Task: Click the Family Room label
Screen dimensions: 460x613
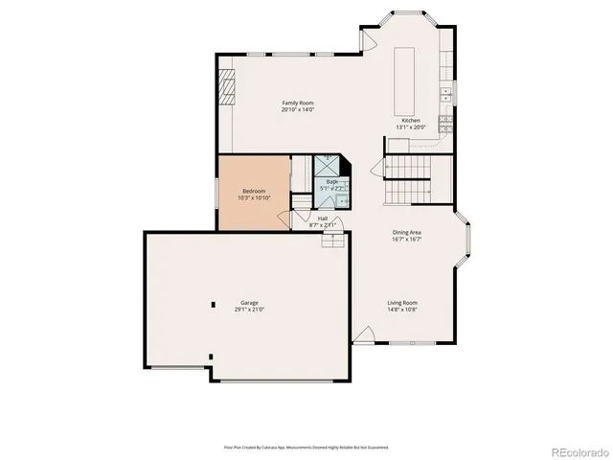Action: click(297, 103)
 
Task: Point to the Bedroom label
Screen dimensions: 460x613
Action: click(253, 191)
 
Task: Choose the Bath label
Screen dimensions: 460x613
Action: click(331, 181)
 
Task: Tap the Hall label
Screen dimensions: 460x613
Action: click(323, 218)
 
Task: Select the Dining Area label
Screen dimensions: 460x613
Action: click(407, 233)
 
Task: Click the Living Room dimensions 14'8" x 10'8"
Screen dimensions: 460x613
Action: click(402, 310)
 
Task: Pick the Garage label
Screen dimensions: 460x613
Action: click(249, 303)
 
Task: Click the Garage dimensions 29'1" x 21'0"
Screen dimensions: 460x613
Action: click(249, 310)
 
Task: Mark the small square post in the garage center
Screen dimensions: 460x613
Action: click(214, 305)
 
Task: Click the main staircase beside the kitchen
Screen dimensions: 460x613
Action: click(408, 182)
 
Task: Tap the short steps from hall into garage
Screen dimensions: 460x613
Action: click(332, 240)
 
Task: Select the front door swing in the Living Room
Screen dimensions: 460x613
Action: click(363, 335)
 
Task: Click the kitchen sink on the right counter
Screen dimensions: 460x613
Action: click(446, 94)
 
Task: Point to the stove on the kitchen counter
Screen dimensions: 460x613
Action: click(445, 123)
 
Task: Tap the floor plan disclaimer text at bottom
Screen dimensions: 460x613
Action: click(306, 447)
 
